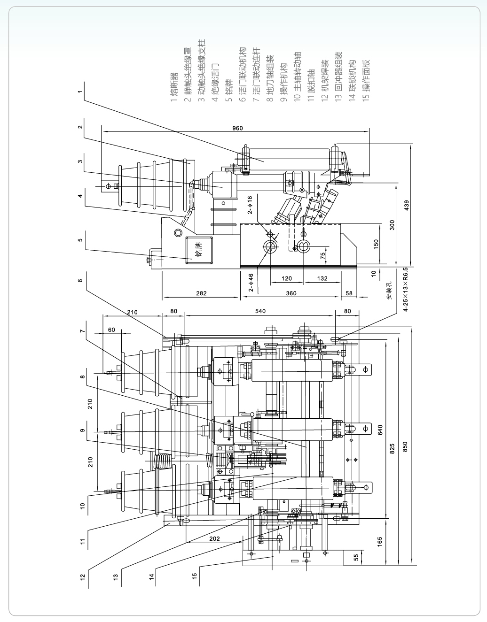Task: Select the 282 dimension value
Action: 201,293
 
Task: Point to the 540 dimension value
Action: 260,311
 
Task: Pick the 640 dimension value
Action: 380,430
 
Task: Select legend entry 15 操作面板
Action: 367,80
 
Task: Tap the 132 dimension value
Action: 322,278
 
